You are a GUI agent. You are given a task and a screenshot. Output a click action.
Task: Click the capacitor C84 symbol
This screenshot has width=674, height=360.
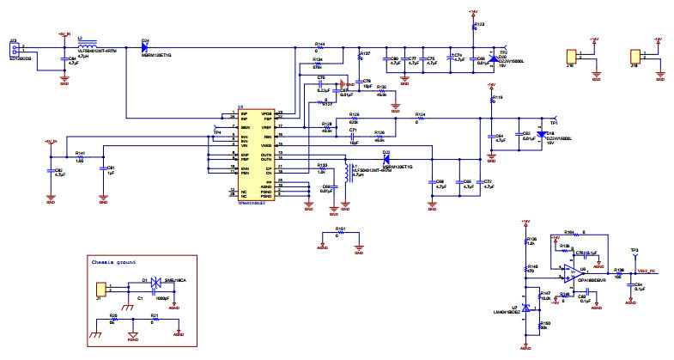point(63,60)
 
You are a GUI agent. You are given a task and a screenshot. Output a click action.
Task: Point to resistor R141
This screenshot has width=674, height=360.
point(80,158)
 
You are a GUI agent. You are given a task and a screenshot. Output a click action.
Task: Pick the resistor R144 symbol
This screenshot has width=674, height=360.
point(320,47)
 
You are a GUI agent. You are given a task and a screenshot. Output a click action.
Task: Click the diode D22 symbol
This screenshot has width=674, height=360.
point(387,159)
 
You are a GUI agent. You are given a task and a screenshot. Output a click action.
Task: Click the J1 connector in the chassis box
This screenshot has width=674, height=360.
point(101,290)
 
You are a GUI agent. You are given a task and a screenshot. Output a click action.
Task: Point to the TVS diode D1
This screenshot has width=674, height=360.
point(155,281)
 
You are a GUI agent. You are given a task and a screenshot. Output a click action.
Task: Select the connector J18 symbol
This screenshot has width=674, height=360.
point(636,57)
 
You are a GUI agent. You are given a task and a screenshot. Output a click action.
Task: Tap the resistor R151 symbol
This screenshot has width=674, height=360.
point(341,234)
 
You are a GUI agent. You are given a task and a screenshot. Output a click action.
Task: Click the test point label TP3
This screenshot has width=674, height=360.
point(634,251)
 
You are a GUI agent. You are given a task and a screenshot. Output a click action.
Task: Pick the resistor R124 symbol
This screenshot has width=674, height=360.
point(420,118)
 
